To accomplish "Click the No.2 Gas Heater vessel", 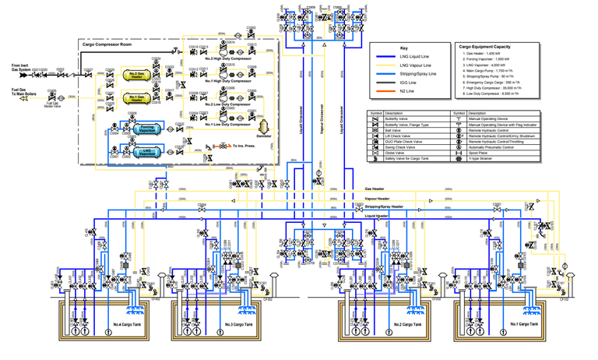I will (137, 76).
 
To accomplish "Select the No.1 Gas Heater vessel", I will (137, 99).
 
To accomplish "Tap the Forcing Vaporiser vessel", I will (146, 129).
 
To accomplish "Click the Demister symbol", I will (263, 125).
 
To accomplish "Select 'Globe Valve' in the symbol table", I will (409, 154).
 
